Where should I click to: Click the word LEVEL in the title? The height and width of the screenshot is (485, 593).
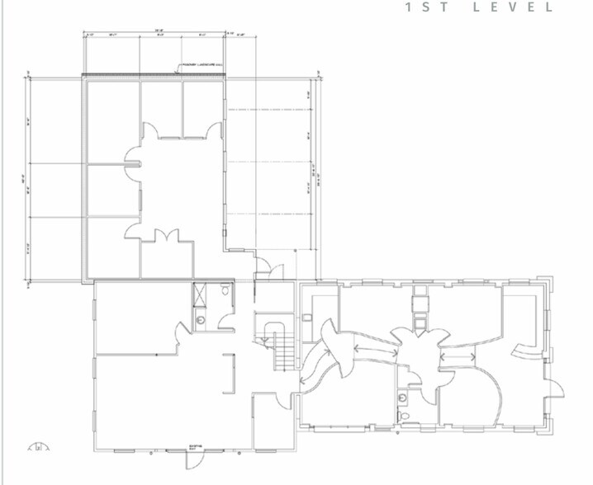[525, 7]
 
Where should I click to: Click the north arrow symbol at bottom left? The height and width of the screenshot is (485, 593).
[38, 448]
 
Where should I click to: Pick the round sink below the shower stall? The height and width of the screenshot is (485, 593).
[202, 319]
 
